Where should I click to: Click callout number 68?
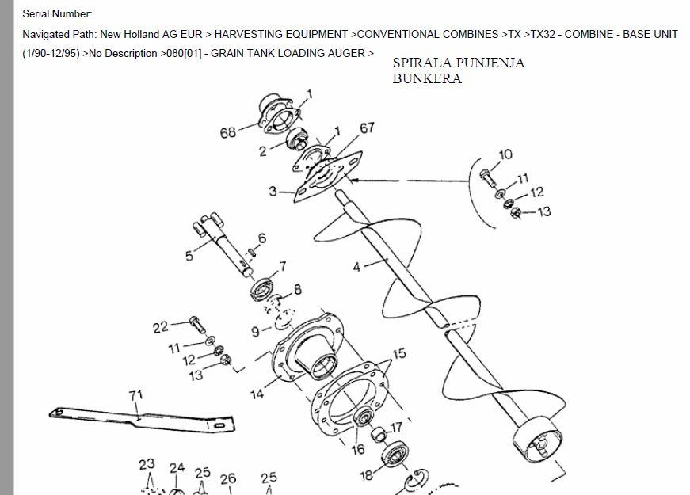pyautogui.click(x=228, y=132)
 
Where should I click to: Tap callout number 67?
pyautogui.click(x=367, y=128)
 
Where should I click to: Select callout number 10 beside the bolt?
pyautogui.click(x=505, y=154)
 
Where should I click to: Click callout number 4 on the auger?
pyautogui.click(x=356, y=267)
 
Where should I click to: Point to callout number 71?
pyautogui.click(x=136, y=395)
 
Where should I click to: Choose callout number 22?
pyautogui.click(x=161, y=327)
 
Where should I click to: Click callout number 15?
pyautogui.click(x=399, y=354)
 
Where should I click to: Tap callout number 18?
pyautogui.click(x=367, y=475)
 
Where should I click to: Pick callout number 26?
pyautogui.click(x=228, y=478)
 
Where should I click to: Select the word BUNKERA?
pyautogui.click(x=427, y=78)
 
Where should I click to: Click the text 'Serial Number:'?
pyautogui.click(x=57, y=13)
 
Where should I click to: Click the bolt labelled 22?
pyautogui.click(x=197, y=325)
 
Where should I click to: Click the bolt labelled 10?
pyautogui.click(x=488, y=177)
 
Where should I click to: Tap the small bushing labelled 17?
pyautogui.click(x=379, y=434)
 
